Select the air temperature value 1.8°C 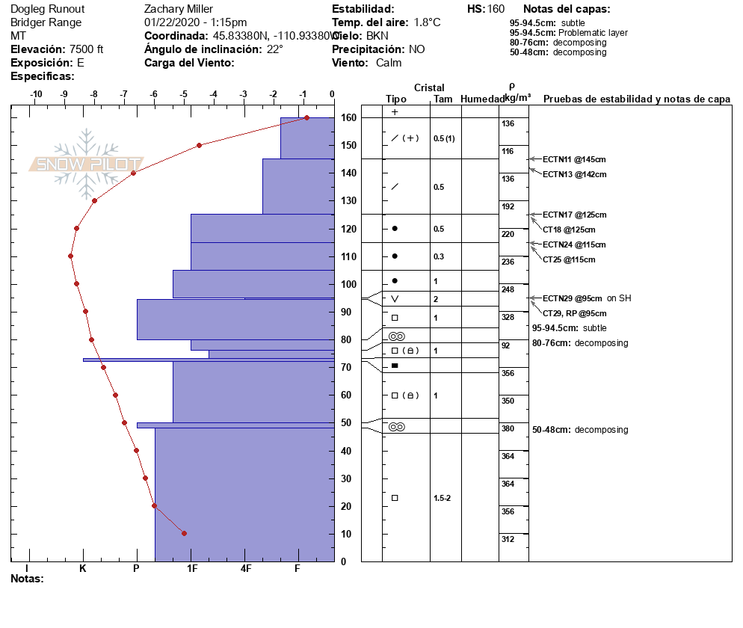click(x=427, y=22)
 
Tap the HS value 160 click(x=496, y=9)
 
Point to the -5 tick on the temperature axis click(x=184, y=94)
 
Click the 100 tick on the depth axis click(x=347, y=284)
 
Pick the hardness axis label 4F click(x=247, y=568)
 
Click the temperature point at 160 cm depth click(x=306, y=118)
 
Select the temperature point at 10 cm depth click(x=184, y=533)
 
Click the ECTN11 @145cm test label click(x=573, y=159)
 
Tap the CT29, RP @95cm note click(x=574, y=313)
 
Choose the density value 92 click(x=507, y=345)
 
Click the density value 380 click(x=508, y=428)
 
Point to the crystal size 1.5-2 click(x=443, y=498)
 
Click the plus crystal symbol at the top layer click(x=395, y=112)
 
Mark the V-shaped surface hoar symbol click(x=395, y=299)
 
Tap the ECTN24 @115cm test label click(x=573, y=244)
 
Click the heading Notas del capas click(x=567, y=9)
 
